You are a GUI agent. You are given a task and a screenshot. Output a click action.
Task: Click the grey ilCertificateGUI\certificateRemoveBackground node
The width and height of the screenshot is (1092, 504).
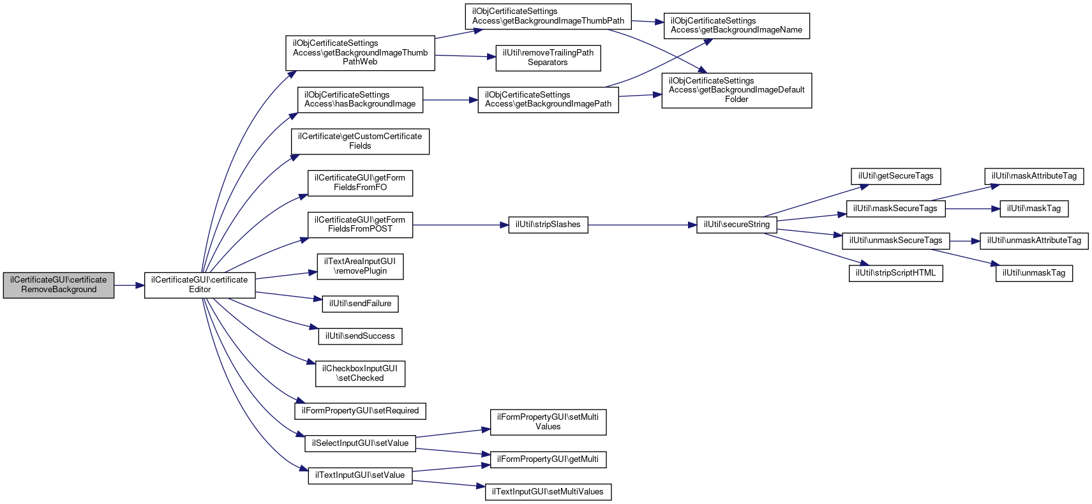pos(59,285)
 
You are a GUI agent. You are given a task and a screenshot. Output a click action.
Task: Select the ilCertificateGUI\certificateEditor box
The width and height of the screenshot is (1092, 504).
pos(200,285)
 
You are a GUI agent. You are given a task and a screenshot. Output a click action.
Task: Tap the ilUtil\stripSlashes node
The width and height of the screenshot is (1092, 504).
pos(548,225)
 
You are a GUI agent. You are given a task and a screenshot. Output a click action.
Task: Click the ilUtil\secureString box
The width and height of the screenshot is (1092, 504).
pos(737,225)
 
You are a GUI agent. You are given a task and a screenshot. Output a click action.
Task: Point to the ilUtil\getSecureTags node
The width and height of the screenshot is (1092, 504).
pos(895,177)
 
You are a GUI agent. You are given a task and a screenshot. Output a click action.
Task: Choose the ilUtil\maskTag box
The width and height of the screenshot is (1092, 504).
pos(1034,209)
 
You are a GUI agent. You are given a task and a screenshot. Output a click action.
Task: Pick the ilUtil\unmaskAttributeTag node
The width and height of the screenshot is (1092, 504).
pos(1034,241)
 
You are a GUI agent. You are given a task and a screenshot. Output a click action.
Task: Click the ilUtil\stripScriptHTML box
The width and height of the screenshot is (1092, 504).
pos(895,273)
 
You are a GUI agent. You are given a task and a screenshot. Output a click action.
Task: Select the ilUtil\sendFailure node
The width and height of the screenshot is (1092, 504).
pos(360,304)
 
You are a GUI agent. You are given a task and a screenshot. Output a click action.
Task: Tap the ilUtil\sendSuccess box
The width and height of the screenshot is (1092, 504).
pos(360,336)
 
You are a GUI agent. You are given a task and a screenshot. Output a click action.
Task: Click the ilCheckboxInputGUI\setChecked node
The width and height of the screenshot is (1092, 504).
pos(360,373)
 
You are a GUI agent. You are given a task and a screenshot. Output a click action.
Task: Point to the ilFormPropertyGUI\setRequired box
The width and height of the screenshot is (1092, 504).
pos(360,411)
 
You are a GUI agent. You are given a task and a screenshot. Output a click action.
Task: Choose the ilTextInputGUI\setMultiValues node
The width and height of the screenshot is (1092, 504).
pos(548,492)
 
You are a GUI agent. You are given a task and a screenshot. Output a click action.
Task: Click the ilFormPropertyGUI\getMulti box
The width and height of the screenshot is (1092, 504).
pos(548,459)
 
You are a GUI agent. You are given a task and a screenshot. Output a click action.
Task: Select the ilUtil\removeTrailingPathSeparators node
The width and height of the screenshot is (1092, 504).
pos(548,58)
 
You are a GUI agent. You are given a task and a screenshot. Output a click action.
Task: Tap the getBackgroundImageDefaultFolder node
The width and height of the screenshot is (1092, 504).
pos(737,90)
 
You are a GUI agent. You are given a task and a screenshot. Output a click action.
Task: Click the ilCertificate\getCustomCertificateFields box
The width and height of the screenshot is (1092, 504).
pos(360,142)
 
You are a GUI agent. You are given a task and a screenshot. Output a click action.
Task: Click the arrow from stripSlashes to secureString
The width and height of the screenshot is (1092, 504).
pos(643,225)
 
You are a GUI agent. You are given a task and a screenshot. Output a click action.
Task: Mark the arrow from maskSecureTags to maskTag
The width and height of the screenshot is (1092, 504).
pos(973,209)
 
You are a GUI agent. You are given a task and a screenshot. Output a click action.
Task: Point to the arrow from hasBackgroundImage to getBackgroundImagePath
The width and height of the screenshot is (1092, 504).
pos(451,100)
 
